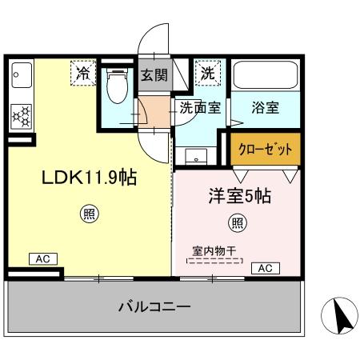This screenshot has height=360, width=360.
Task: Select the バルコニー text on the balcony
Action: [x=154, y=306]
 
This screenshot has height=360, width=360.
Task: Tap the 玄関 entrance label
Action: [x=154, y=76]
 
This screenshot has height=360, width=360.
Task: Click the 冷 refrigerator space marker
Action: [x=83, y=73]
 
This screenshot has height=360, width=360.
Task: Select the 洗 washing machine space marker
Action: [x=208, y=73]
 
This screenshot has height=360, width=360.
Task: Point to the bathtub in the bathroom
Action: [x=266, y=78]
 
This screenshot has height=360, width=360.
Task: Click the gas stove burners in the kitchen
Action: [x=20, y=116]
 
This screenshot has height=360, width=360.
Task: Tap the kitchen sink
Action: [x=18, y=78]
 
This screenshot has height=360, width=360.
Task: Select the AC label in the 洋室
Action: [x=265, y=267]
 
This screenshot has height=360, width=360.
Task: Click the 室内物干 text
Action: [x=212, y=250]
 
